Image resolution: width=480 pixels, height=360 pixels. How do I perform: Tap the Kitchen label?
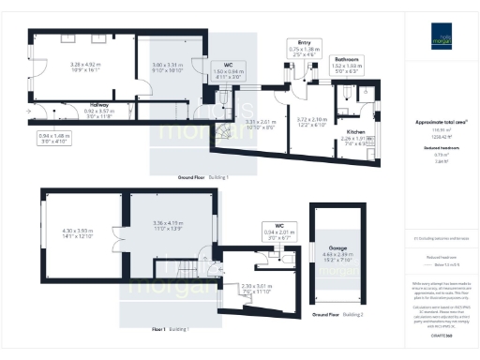pyautogui.click(x=354, y=133)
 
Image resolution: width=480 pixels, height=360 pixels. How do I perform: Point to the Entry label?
pyautogui.click(x=304, y=42)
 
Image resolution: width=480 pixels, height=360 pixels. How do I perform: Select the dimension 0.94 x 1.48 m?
pyautogui.click(x=54, y=135)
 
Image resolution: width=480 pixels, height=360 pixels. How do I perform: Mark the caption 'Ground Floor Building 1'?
pyautogui.click(x=203, y=175)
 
